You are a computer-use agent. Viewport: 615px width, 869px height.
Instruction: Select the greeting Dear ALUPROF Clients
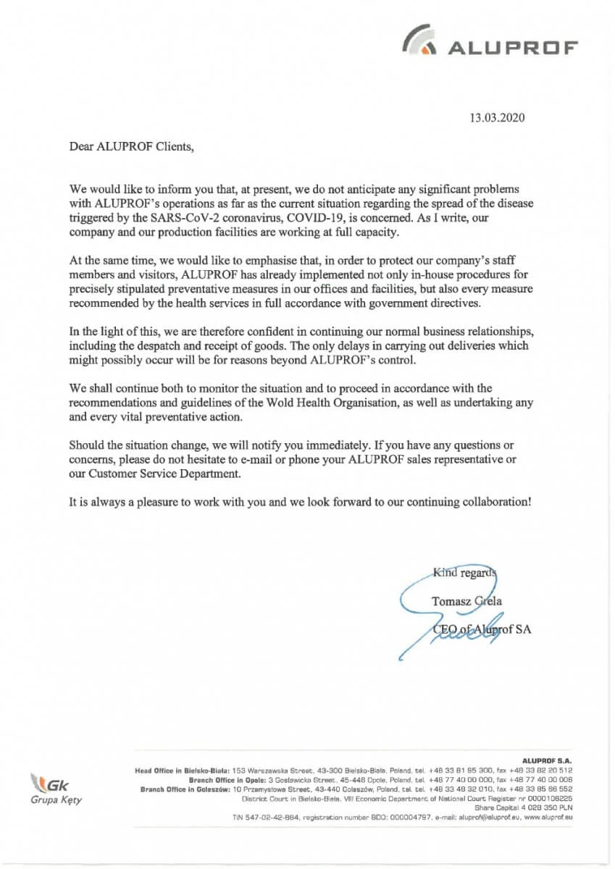(x=132, y=146)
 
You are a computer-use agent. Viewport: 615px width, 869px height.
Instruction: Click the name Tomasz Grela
(x=467, y=601)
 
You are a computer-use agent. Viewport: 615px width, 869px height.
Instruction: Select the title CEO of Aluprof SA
(x=481, y=629)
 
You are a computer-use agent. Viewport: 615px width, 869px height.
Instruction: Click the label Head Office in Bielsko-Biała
(x=183, y=770)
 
